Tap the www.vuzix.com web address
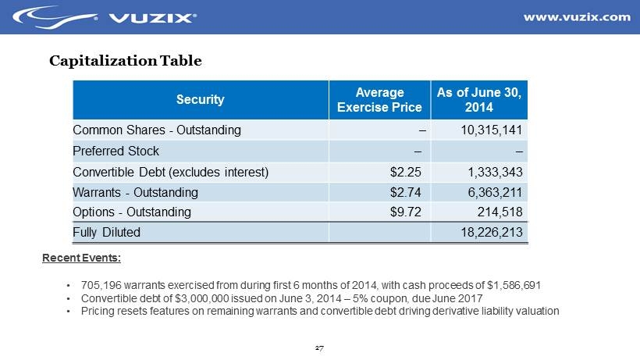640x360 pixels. (x=576, y=16)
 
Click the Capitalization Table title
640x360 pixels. (x=126, y=60)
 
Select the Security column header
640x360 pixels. (x=200, y=99)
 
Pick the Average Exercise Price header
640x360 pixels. (x=381, y=99)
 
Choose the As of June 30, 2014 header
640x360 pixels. (x=479, y=99)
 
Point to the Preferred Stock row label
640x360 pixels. (x=116, y=151)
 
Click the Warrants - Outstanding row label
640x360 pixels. (x=135, y=192)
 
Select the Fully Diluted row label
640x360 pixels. (x=106, y=232)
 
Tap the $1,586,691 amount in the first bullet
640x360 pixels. (x=510, y=285)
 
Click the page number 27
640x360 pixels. (x=319, y=348)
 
